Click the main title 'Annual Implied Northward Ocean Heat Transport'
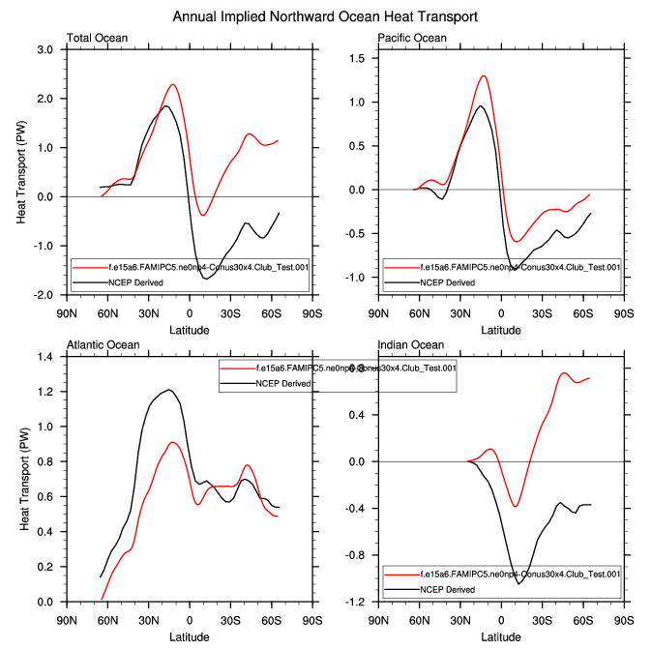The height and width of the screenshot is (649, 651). [x=325, y=17]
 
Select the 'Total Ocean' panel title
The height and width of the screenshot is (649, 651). [x=97, y=38]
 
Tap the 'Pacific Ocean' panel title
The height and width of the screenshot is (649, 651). [x=412, y=38]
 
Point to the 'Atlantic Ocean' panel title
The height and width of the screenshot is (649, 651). [x=103, y=345]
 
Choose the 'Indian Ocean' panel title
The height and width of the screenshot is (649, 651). [x=411, y=345]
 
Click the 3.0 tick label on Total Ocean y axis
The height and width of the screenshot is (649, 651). [x=44, y=49]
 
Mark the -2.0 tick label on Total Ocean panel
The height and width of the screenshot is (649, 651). [x=42, y=295]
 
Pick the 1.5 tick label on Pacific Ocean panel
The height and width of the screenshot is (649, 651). [x=356, y=59]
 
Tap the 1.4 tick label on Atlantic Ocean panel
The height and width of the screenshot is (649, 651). [x=44, y=357]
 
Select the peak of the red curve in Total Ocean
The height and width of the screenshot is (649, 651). [x=173, y=84]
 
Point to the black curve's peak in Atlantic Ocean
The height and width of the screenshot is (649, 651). [x=169, y=390]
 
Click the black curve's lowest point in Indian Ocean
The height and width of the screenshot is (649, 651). [x=518, y=584]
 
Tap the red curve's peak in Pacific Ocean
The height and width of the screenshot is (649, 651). [x=484, y=75]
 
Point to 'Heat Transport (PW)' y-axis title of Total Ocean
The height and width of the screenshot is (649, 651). [x=22, y=172]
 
